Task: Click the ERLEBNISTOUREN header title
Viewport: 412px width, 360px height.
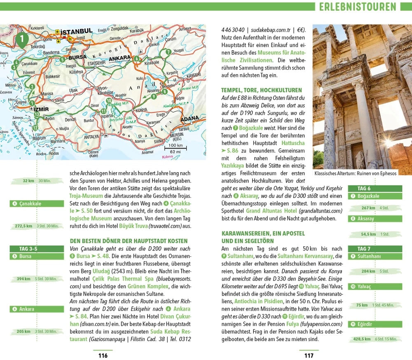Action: coord(357,7)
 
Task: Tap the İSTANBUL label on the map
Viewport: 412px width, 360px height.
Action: coord(76,32)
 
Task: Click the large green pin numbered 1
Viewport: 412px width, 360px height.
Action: coord(21,40)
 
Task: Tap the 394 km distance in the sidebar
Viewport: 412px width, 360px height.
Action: coord(24,279)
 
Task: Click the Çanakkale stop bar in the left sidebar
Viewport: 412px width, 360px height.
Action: coord(37,203)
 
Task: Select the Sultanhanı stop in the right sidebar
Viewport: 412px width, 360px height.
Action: coord(375,256)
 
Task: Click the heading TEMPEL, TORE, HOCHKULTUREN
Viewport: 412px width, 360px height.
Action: coord(262,90)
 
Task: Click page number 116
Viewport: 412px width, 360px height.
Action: coord(103,355)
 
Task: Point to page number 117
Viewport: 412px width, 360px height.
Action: coord(309,355)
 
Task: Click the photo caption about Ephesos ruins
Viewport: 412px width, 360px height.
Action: coord(355,173)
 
